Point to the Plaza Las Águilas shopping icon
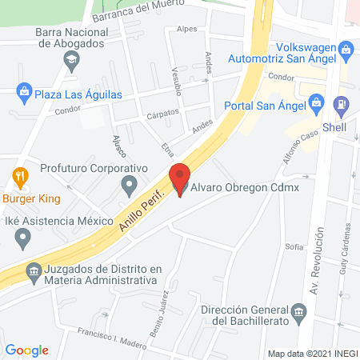[25, 93]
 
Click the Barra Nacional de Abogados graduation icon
[72, 58]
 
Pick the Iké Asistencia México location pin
[23, 237]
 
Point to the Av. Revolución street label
[318, 261]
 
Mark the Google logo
[27, 350]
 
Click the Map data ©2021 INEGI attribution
[311, 353]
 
